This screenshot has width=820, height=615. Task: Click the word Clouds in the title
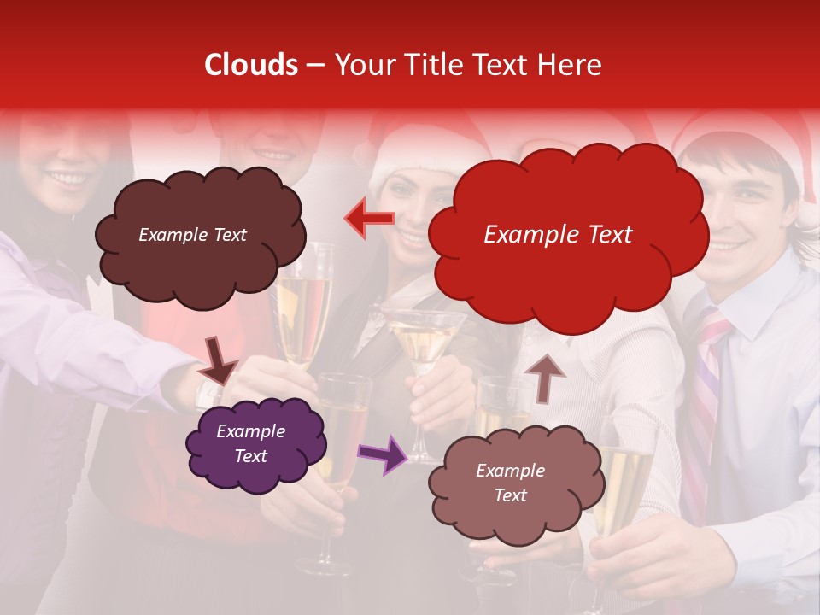[250, 65]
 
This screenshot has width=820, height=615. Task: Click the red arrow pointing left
[369, 219]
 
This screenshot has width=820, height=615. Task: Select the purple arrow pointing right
[384, 453]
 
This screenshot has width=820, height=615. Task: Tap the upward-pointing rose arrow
[545, 377]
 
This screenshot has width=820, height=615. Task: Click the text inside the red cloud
[558, 235]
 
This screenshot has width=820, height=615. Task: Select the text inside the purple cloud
[250, 443]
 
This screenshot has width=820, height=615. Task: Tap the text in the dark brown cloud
[192, 235]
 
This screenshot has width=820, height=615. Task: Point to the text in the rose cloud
[510, 483]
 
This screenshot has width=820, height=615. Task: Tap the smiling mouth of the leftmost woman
[68, 179]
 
